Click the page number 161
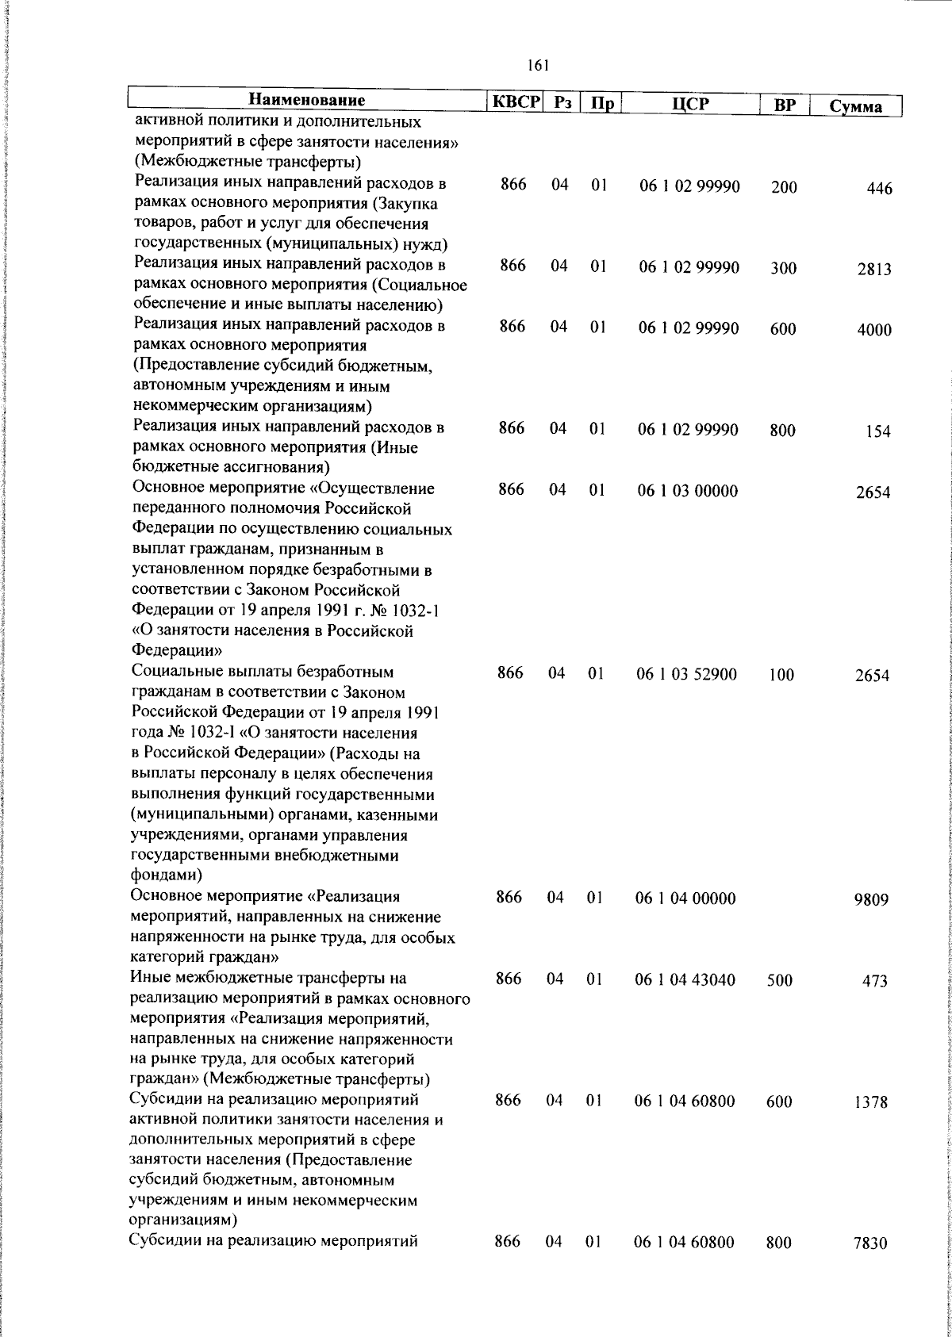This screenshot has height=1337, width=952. (537, 67)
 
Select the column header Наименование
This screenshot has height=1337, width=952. (307, 101)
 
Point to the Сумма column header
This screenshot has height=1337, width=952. (855, 106)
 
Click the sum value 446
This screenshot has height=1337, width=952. (879, 189)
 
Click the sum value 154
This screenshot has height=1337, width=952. (877, 432)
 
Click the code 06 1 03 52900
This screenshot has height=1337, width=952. (686, 675)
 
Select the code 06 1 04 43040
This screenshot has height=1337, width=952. (685, 980)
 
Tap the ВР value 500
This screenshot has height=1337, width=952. (780, 981)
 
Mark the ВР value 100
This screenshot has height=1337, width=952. (781, 676)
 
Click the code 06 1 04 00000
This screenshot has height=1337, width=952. (685, 898)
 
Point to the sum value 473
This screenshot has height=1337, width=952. (875, 982)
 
